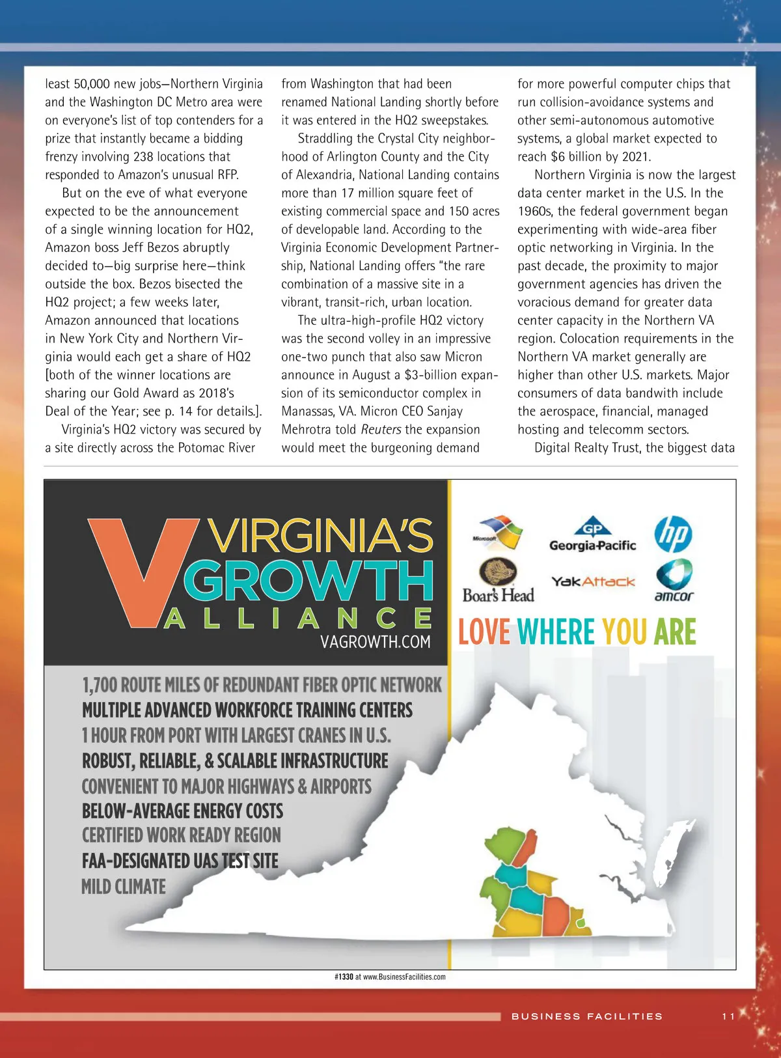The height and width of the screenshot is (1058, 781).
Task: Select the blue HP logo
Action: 673,534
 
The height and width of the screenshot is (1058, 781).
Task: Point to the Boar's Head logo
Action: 498,581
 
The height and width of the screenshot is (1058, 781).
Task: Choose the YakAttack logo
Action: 592,581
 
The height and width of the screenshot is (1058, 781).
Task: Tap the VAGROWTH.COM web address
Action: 375,642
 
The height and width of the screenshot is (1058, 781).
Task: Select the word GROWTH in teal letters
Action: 309,580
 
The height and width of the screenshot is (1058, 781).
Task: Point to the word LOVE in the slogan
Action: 484,632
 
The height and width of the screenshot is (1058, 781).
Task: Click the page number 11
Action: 728,1016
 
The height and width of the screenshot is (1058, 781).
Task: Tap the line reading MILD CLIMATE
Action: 124,887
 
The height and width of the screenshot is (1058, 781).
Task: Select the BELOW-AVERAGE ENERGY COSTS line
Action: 182,811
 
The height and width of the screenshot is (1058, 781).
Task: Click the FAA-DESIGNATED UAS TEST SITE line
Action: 180,861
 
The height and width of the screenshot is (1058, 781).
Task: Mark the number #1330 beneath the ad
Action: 344,977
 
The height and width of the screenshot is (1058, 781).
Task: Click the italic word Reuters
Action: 381,430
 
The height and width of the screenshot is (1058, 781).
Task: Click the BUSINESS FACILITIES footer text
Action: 586,1016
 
